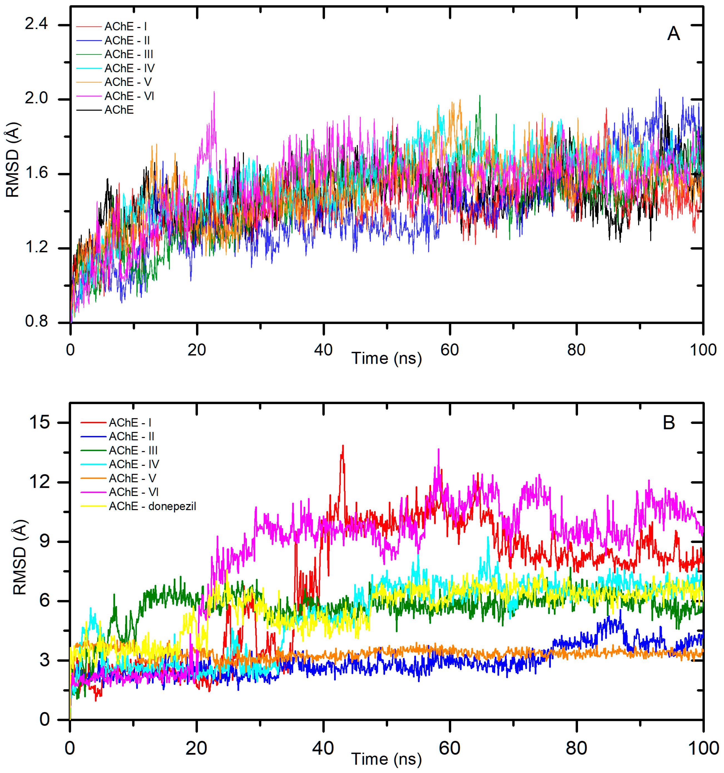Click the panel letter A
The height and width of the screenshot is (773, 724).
tap(673, 34)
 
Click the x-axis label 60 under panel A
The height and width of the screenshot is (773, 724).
tap(449, 350)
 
